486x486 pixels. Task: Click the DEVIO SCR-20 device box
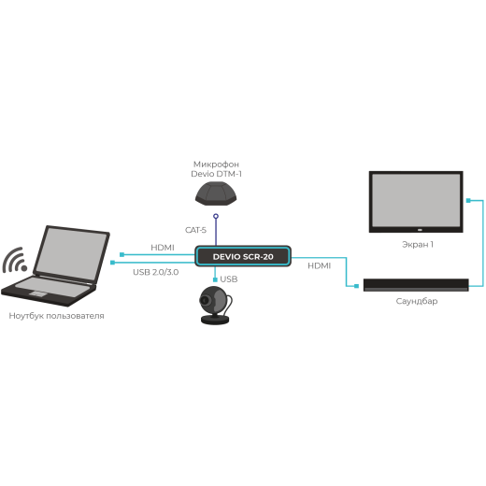point(243,255)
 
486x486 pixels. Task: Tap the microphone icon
point(216,193)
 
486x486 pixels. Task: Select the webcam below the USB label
point(217,306)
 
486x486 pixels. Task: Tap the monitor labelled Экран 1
point(415,200)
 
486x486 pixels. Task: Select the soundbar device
point(415,284)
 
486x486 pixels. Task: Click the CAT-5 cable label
point(195,230)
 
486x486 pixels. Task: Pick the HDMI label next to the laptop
point(163,247)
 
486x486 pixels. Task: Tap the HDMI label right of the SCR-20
point(319,265)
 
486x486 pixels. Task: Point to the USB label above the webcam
point(229,279)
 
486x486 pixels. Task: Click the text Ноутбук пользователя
point(56,316)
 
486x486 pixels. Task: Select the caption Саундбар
point(416,301)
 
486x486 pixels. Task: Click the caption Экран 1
point(417,244)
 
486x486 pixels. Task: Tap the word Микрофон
point(217,163)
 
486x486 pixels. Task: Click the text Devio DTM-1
point(217,174)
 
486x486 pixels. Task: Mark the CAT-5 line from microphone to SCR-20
point(217,229)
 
